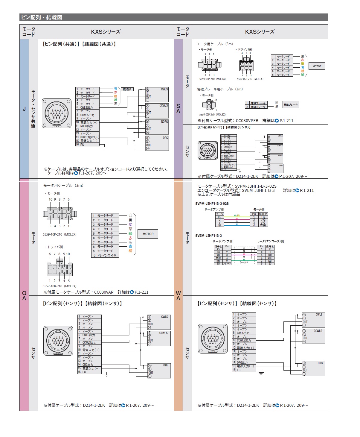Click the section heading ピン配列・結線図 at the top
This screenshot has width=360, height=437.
pyautogui.click(x=42, y=17)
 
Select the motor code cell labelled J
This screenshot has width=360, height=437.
pyautogui.click(x=24, y=109)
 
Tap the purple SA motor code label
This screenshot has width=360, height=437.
pyautogui.click(x=178, y=109)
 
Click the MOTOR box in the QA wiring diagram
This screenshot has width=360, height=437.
pyautogui.click(x=148, y=234)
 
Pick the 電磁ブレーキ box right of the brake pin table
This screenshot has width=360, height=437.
pyautogui.click(x=291, y=105)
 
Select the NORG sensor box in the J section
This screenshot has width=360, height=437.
pyautogui.click(x=157, y=127)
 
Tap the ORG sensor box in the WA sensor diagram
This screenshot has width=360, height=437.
pyautogui.click(x=313, y=368)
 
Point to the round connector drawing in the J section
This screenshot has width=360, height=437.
pyautogui.click(x=57, y=113)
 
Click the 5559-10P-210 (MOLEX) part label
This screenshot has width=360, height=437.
pyautogui.click(x=60, y=234)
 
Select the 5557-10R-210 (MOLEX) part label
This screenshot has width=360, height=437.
pyautogui.click(x=60, y=286)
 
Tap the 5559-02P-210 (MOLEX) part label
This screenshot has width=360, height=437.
pyautogui.click(x=212, y=114)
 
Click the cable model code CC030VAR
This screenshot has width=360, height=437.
pyautogui.click(x=104, y=292)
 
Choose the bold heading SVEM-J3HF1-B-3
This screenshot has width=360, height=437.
pyautogui.click(x=208, y=236)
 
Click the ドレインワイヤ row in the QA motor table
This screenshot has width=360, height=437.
pyautogui.click(x=106, y=255)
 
